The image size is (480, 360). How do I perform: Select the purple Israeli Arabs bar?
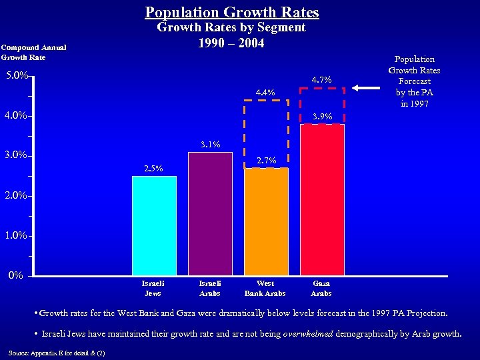pyautogui.click(x=210, y=213)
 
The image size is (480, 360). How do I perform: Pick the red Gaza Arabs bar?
pyautogui.click(x=322, y=199)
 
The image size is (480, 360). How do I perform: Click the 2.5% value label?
pyautogui.click(x=153, y=169)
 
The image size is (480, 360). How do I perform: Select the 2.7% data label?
pyautogui.click(x=266, y=161)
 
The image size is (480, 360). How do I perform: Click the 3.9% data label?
pyautogui.click(x=322, y=117)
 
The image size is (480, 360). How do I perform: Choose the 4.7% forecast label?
pyautogui.click(x=321, y=81)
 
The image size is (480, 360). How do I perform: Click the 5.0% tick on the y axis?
pyautogui.click(x=16, y=76)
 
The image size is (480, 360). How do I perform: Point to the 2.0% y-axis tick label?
pyautogui.click(x=16, y=196)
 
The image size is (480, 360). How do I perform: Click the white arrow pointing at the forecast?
pyautogui.click(x=367, y=87)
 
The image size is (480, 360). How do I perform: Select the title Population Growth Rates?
pyautogui.click(x=232, y=12)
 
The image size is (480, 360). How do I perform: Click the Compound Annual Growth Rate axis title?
pyautogui.click(x=33, y=52)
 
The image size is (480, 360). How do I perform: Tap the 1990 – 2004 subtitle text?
pyautogui.click(x=231, y=43)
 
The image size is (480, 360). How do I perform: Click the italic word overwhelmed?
pyautogui.click(x=307, y=334)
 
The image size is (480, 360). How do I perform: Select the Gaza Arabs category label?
pyautogui.click(x=321, y=289)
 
